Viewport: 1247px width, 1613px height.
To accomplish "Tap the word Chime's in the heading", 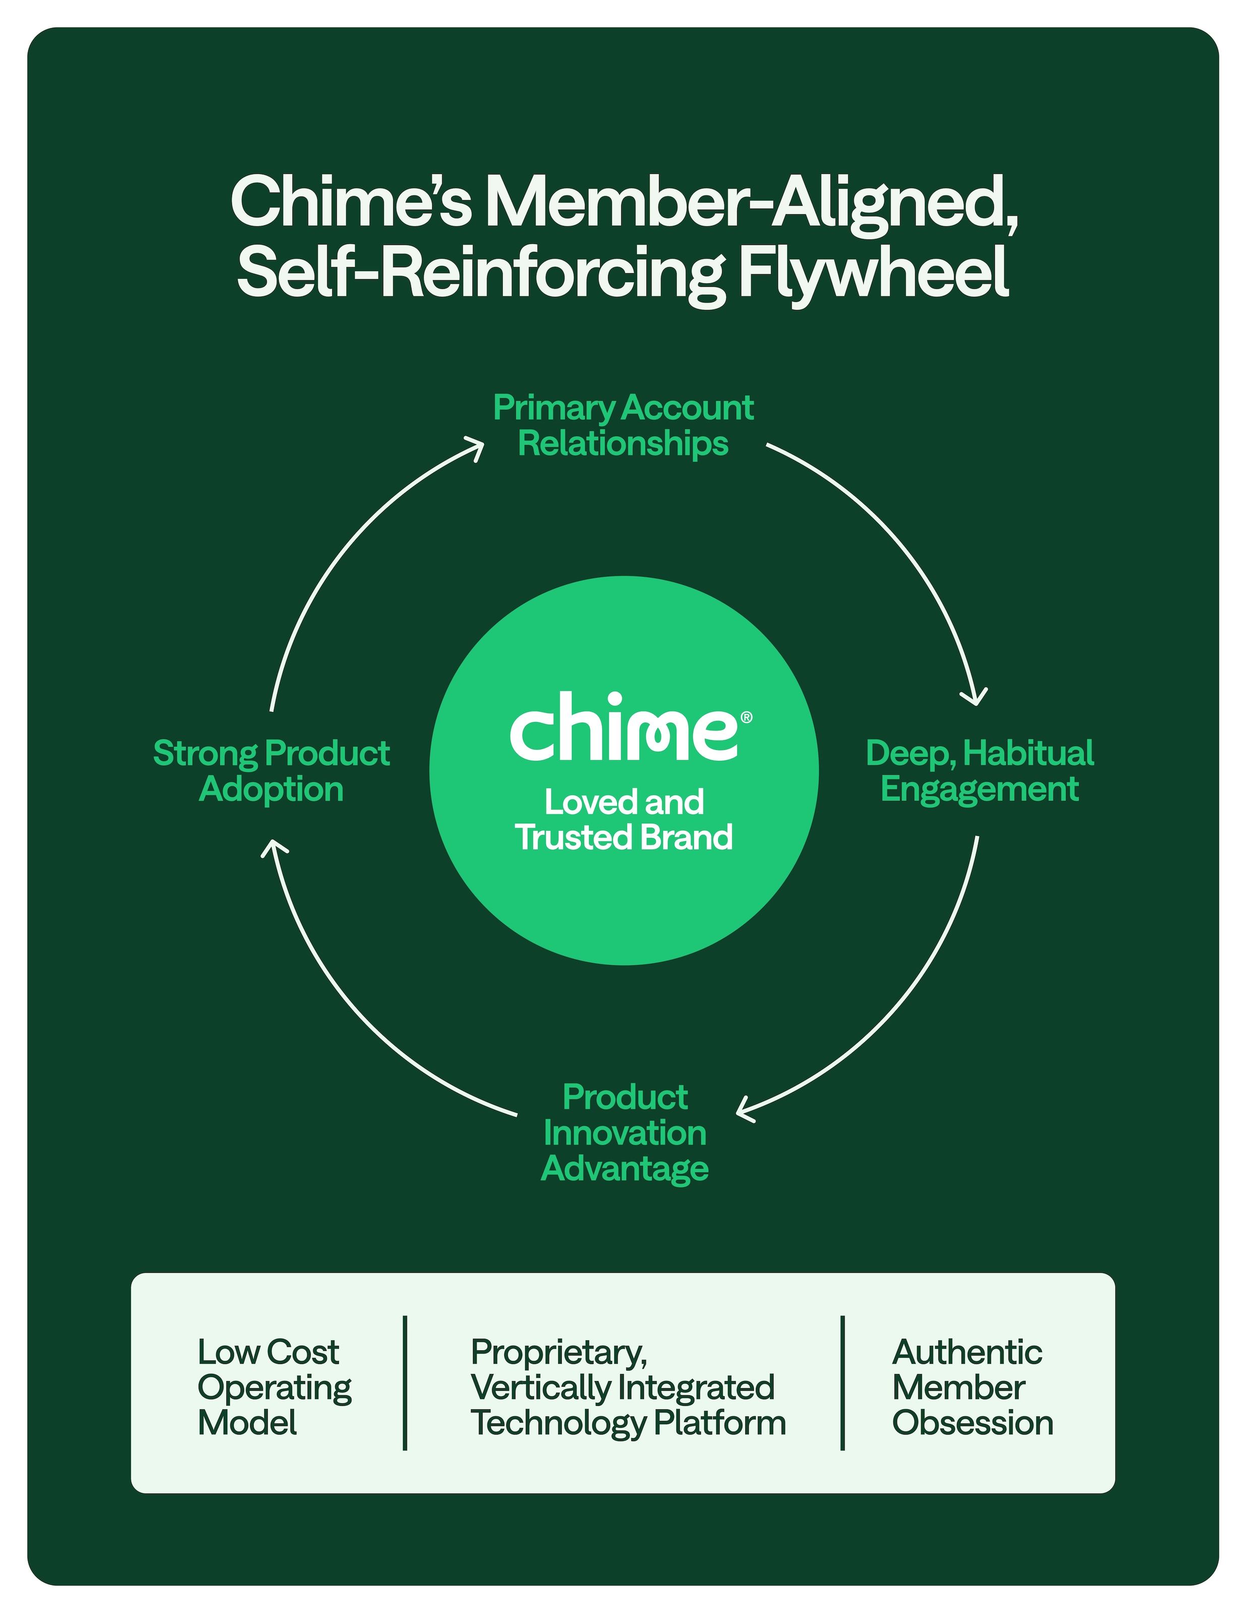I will click(x=351, y=202).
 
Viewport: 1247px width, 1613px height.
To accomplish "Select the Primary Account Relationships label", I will click(x=623, y=425).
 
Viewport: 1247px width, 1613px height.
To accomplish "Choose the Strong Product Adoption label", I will click(x=271, y=770).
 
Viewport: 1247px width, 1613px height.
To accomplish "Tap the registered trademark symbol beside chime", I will click(x=746, y=717).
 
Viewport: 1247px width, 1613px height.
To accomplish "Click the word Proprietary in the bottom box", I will click(x=558, y=1352).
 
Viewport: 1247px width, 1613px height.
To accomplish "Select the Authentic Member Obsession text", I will click(x=972, y=1387).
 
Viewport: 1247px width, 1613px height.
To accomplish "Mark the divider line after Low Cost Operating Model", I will click(x=405, y=1383).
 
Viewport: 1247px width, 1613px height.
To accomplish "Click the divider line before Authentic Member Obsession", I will click(x=842, y=1383).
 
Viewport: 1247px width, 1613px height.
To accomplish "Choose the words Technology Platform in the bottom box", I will click(x=628, y=1422).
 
